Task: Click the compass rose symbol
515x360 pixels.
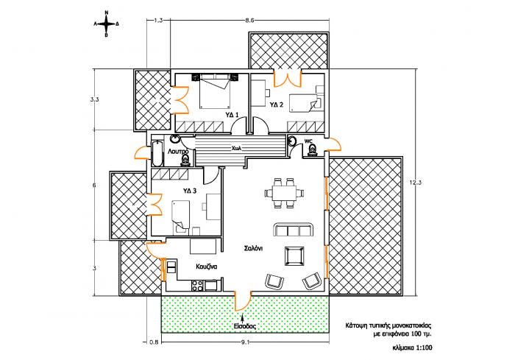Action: (106, 24)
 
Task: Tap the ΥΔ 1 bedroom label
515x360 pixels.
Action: (232, 115)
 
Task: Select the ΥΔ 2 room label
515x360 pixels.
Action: (277, 105)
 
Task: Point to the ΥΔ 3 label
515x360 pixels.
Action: (190, 191)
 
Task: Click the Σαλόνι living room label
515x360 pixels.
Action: (253, 248)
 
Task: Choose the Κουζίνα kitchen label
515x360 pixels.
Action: (206, 267)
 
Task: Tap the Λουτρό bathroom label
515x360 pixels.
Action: (178, 152)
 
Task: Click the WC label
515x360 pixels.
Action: (308, 141)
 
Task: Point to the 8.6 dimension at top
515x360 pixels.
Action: (249, 21)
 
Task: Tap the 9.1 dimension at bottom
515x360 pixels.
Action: (246, 342)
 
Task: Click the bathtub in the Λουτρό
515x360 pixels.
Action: (157, 154)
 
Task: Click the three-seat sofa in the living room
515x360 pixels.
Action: (294, 230)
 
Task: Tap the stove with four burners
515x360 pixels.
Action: (197, 286)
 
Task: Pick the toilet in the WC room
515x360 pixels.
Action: (311, 150)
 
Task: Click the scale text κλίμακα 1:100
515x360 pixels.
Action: (412, 347)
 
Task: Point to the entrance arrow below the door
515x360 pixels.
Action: (242, 317)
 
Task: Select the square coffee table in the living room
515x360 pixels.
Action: (294, 256)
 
